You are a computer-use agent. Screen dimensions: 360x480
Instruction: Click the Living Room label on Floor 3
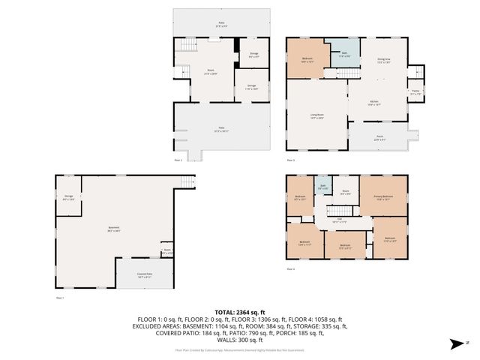pyautogui.click(x=316, y=115)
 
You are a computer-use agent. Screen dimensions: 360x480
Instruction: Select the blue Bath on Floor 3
pyautogui.click(x=344, y=54)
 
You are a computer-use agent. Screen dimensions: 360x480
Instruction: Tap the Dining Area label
pyautogui.click(x=383, y=63)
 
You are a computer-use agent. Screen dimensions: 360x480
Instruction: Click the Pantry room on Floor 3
pyautogui.click(x=415, y=93)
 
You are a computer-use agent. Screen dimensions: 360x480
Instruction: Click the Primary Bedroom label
pyautogui.click(x=383, y=197)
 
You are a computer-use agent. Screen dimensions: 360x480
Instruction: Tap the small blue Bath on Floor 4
pyautogui.click(x=322, y=187)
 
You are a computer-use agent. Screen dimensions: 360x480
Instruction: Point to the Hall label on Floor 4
pyautogui.click(x=338, y=221)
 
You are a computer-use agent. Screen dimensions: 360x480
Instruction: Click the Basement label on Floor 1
pyautogui.click(x=113, y=229)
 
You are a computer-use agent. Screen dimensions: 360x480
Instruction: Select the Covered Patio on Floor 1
pyautogui.click(x=144, y=275)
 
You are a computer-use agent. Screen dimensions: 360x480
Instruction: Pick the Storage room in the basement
pyautogui.click(x=68, y=199)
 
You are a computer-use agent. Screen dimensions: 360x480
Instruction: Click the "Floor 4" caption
pyautogui.click(x=290, y=268)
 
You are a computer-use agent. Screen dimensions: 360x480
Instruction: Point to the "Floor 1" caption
pyautogui.click(x=61, y=298)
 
